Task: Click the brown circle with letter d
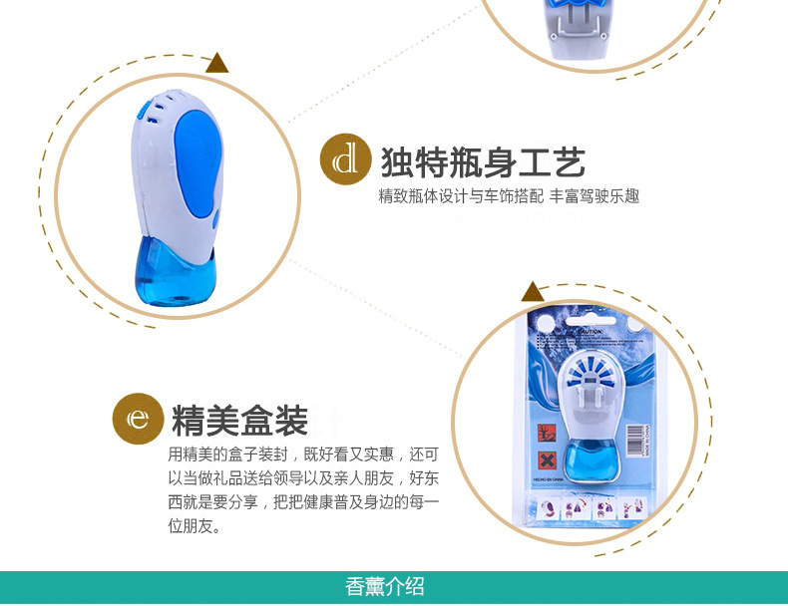point(345,159)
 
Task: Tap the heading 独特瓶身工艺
point(483,160)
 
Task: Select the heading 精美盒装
point(239,421)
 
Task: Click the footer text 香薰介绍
point(385,586)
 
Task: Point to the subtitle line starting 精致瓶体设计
point(509,196)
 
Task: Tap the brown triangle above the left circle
point(216,65)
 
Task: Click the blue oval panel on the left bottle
point(199,165)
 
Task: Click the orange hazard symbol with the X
point(547,461)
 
